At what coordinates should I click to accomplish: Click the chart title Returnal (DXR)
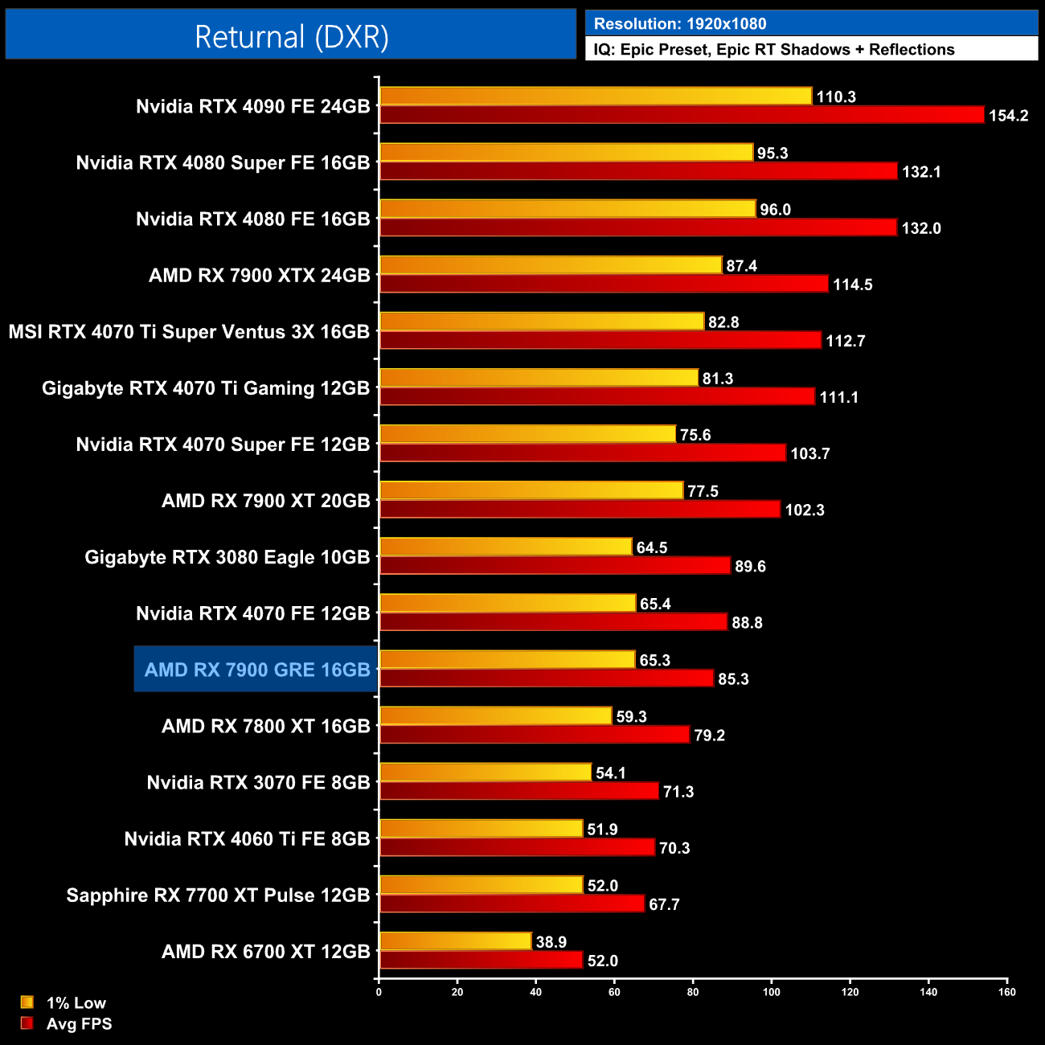291,37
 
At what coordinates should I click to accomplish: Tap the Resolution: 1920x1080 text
679,24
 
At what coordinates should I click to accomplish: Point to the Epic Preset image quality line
773,50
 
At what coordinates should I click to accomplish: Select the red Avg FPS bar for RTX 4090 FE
682,115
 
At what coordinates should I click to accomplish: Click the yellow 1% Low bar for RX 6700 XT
455,941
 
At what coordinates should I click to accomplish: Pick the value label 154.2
1008,116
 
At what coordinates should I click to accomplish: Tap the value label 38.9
551,942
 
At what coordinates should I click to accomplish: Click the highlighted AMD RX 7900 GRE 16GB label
256,670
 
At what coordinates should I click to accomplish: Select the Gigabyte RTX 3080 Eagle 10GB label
227,557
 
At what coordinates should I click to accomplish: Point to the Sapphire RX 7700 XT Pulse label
218,895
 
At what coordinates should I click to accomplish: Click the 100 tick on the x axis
771,992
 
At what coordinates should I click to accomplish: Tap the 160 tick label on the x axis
1006,992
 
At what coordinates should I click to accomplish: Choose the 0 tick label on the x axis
379,992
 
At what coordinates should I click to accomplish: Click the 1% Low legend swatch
27,1002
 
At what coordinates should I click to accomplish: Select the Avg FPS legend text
79,1024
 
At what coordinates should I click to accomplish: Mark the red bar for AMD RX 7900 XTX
604,284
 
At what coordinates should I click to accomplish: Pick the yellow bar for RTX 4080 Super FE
566,153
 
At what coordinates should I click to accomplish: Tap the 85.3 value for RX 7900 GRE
733,679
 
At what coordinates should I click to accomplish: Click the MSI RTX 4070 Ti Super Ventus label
189,332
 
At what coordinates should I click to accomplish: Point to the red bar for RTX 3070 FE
518,791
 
